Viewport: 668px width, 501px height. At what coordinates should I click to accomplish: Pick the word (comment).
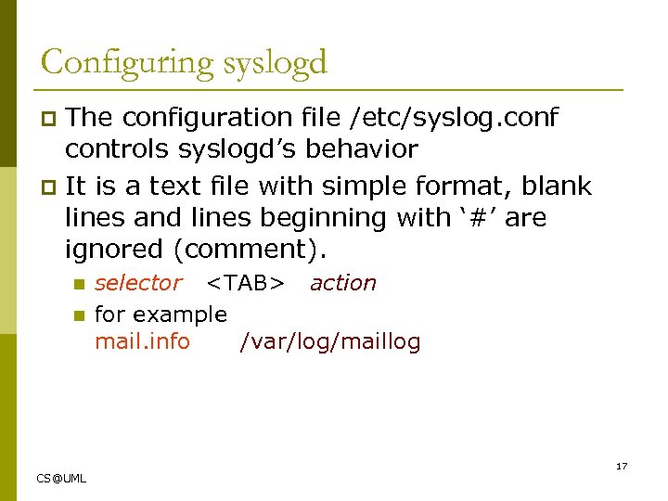tap(257, 250)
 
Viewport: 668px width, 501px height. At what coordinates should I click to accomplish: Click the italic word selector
tap(138, 283)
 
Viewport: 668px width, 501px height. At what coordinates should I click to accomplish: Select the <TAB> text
tap(245, 283)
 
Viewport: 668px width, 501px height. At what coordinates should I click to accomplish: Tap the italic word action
tap(343, 283)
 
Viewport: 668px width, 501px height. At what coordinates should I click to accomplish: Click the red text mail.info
tap(142, 341)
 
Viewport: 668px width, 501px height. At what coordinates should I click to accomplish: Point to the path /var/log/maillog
tap(329, 341)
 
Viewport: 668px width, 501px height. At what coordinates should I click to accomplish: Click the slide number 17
tap(622, 466)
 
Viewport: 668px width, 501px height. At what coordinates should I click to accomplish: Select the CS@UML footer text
tap(61, 478)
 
